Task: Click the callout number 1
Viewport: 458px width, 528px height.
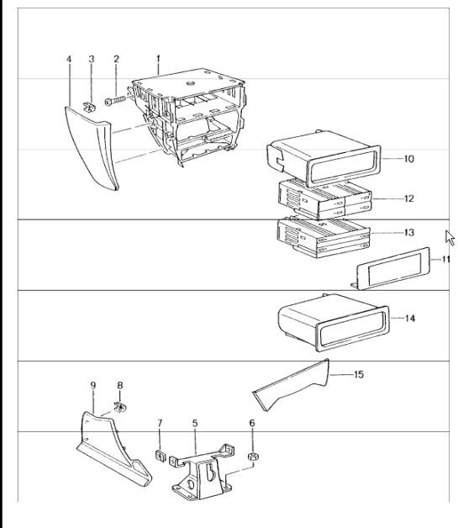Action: pos(157,58)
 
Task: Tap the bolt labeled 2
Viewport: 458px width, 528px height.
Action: pos(115,101)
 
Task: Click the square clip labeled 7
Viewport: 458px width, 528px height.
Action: pos(159,457)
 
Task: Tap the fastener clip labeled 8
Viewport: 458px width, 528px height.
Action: pos(120,409)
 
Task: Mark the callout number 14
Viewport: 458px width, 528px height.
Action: pos(410,319)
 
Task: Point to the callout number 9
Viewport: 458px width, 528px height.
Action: pos(92,385)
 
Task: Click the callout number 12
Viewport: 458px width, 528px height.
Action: pos(409,198)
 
